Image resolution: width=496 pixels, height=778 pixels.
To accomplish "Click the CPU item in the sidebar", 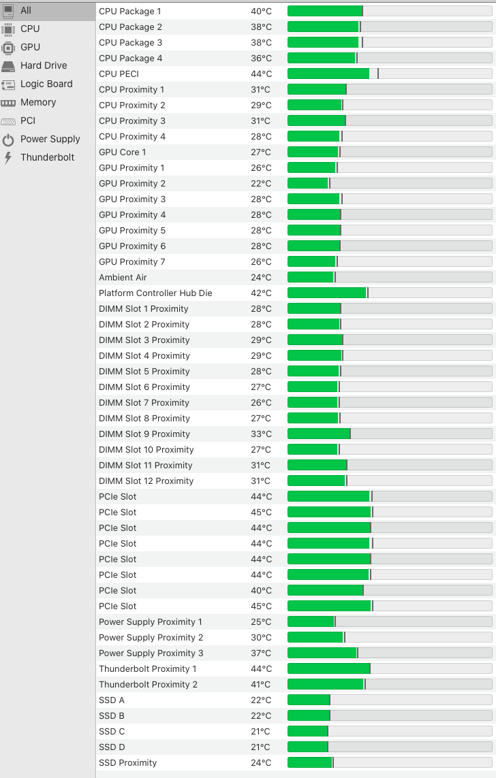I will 30,29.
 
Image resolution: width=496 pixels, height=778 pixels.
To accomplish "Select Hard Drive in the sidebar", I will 43,65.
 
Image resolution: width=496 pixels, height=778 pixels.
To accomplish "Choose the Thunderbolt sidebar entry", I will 47,157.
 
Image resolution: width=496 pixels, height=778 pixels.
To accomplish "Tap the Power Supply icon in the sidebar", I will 8,140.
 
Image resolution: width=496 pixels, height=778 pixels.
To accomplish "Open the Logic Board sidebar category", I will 46,84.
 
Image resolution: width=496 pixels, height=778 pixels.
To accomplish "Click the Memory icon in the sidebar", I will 8,103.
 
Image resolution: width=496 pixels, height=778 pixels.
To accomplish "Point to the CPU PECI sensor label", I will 119,74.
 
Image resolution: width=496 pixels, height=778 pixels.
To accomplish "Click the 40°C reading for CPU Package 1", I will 261,12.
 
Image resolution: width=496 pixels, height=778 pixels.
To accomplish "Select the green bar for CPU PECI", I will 328,74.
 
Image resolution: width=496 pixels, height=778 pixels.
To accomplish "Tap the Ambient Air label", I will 123,277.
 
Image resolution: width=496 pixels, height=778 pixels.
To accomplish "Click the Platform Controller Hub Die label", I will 155,293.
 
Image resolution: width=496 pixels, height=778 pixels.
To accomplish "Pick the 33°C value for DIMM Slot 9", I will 261,434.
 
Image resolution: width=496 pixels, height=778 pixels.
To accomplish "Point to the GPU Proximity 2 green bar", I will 308,183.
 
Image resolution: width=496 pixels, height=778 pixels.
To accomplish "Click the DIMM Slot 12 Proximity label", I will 146,481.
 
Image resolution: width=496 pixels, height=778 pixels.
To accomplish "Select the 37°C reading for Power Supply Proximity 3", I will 261,653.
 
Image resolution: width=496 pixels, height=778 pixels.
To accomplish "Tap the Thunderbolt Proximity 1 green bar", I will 328,668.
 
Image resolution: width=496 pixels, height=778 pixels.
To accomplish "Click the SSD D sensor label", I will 112,747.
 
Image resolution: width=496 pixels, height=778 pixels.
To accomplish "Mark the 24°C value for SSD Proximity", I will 261,762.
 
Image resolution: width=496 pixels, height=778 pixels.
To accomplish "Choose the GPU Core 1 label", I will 122,152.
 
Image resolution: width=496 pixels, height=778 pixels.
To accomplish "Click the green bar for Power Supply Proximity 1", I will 311,621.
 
